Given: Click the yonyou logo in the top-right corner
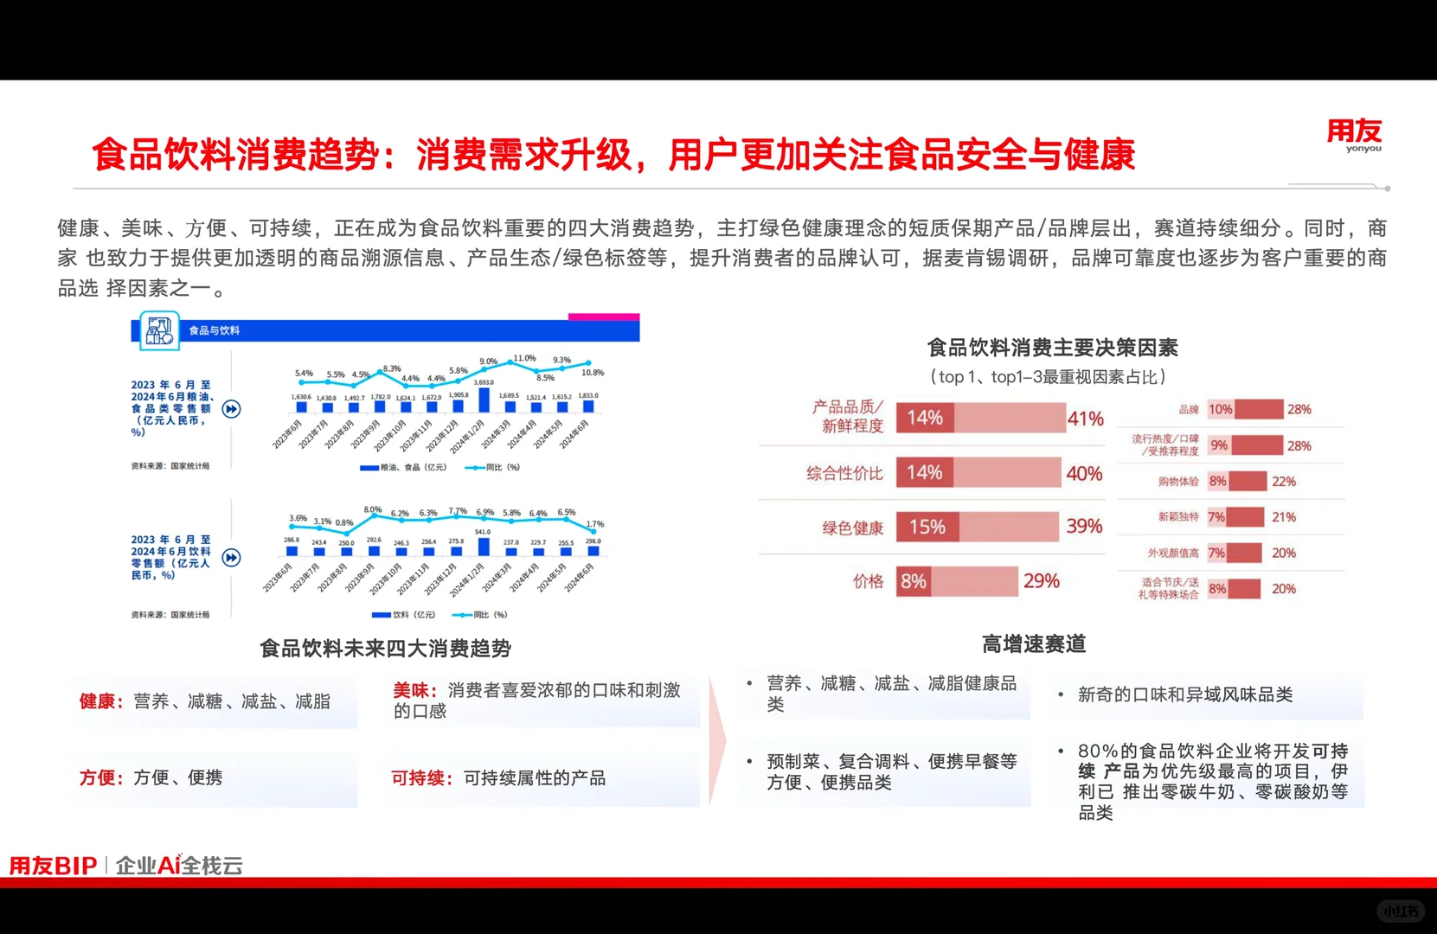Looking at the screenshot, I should (1354, 135).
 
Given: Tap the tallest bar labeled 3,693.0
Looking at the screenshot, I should (484, 400).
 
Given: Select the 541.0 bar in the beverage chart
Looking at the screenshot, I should (484, 547).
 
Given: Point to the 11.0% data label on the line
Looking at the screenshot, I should (524, 358).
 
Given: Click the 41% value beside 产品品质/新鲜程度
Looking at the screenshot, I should (1085, 419).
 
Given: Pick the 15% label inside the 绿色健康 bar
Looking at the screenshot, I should (927, 527).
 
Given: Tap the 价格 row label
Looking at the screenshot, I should (868, 581).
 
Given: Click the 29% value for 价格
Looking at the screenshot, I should (1041, 581).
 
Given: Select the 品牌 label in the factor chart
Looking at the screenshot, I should (1189, 410).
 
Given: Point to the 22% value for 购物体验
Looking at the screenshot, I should (1284, 482).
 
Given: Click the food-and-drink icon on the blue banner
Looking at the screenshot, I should (159, 331).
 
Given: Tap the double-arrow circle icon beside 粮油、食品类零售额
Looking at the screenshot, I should (231, 409).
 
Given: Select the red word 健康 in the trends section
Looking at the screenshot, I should (97, 701).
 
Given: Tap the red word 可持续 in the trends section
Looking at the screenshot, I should (419, 778).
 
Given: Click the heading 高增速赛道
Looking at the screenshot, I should (1033, 644).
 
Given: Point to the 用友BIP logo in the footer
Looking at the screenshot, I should (53, 865).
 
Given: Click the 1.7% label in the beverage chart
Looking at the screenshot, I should (595, 524).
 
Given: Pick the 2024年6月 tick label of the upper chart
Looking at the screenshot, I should (574, 434).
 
